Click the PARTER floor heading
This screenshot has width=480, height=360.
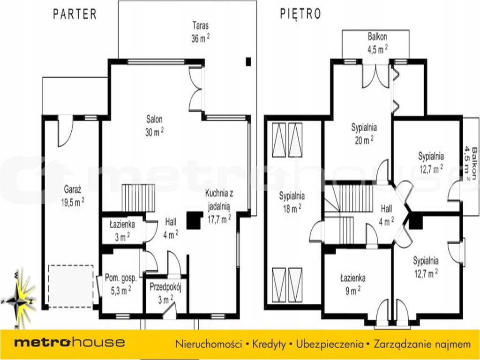pyautogui.click(x=75, y=14)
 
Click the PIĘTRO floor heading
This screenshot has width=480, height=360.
pyautogui.click(x=300, y=14)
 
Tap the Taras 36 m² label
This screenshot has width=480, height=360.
pyautogui.click(x=201, y=32)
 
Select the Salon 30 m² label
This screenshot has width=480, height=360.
pyautogui.click(x=154, y=126)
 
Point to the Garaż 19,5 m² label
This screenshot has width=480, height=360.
pyautogui.click(x=73, y=196)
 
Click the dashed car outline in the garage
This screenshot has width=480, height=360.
pyautogui.click(x=71, y=286)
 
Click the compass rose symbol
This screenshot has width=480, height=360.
pyautogui.click(x=19, y=300)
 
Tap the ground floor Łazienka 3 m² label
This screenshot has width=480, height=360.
pyautogui.click(x=122, y=231)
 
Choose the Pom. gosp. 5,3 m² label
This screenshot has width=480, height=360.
pyautogui.click(x=121, y=284)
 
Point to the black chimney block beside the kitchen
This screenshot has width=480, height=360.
pyautogui.click(x=195, y=220)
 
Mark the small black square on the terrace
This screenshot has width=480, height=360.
pyautogui.click(x=248, y=62)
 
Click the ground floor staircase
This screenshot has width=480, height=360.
pyautogui.click(x=138, y=198)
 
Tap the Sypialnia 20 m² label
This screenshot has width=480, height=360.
pyautogui.click(x=364, y=134)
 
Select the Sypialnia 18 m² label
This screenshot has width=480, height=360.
pyautogui.click(x=292, y=202)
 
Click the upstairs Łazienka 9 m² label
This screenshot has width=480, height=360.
pyautogui.click(x=352, y=285)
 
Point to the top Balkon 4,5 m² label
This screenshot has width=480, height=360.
pyautogui.click(x=377, y=43)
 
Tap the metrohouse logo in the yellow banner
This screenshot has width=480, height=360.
pyautogui.click(x=69, y=342)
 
